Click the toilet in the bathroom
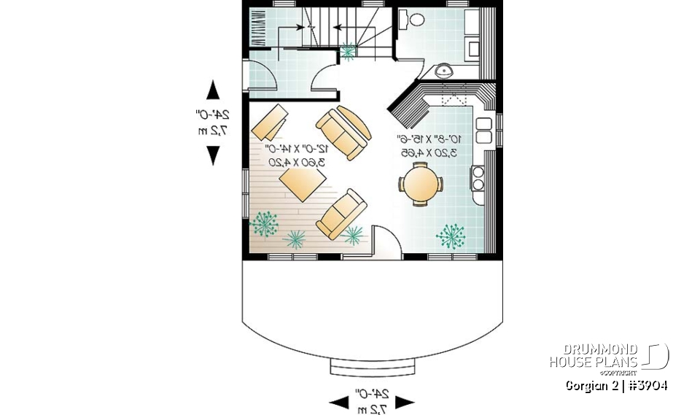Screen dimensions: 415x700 pos(416,20)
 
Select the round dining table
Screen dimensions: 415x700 pos(421,183)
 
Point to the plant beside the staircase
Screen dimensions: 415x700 pos(349,50)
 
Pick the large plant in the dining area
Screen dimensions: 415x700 pos(451,235)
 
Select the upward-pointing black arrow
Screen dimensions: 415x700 pos(213,90)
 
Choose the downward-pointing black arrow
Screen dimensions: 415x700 pos(213,155)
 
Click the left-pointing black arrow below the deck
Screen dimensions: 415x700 pos(338,402)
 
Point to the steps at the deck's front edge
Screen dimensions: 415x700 pos(372,365)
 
